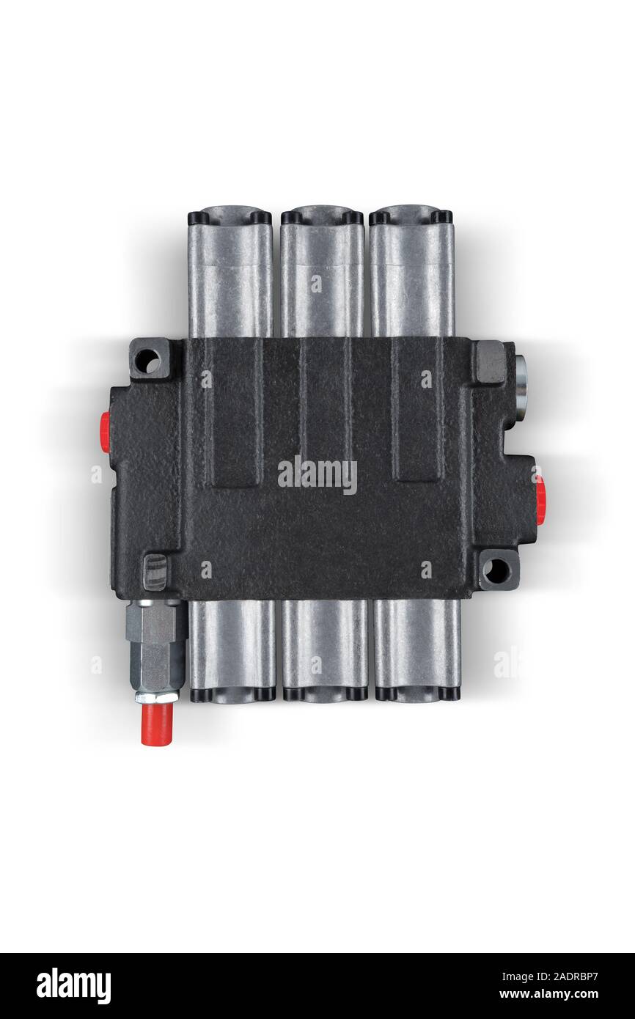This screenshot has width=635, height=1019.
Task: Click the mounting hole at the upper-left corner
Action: (x=150, y=362)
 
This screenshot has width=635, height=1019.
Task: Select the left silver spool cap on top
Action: (x=230, y=272)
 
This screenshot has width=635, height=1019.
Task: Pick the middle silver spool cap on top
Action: (x=322, y=272)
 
